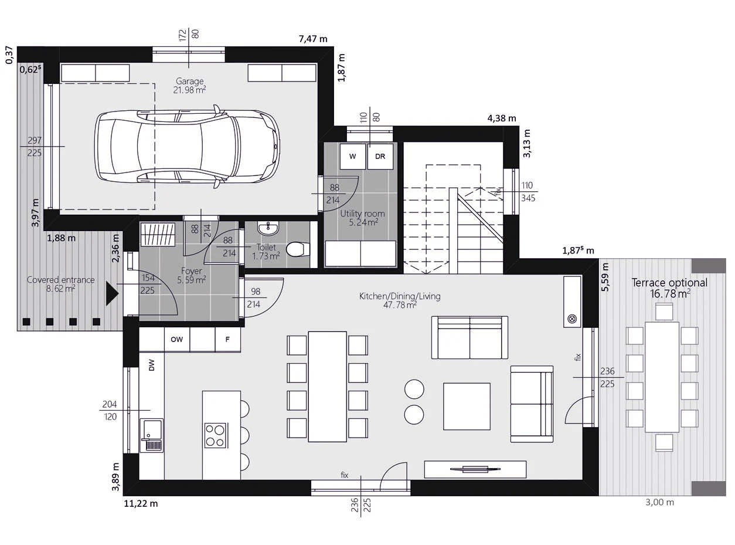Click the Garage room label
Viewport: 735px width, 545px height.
click(x=189, y=82)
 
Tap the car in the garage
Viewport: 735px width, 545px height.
click(x=187, y=146)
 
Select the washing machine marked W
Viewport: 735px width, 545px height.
click(x=353, y=156)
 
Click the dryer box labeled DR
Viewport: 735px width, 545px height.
click(x=380, y=156)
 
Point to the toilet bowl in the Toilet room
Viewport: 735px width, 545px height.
click(x=298, y=249)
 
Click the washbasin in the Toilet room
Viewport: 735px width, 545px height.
click(x=268, y=228)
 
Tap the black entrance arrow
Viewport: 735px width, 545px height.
click(x=112, y=293)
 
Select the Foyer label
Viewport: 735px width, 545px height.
click(x=192, y=271)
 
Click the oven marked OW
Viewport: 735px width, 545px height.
click(x=177, y=339)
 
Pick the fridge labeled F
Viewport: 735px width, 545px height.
click(x=227, y=339)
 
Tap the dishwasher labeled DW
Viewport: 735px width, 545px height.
click(x=152, y=365)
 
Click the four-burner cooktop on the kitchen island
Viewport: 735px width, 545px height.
click(x=215, y=435)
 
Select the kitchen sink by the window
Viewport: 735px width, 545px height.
click(x=151, y=435)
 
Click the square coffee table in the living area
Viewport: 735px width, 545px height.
click(x=467, y=407)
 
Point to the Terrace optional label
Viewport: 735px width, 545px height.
click(x=669, y=283)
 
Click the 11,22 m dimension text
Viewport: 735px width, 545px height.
click(x=141, y=503)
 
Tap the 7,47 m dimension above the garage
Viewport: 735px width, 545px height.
click(x=313, y=39)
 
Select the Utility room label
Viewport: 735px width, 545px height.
click(x=363, y=214)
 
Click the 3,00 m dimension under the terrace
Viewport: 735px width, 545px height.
click(x=659, y=503)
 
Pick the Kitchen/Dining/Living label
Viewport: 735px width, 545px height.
click(x=400, y=296)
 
